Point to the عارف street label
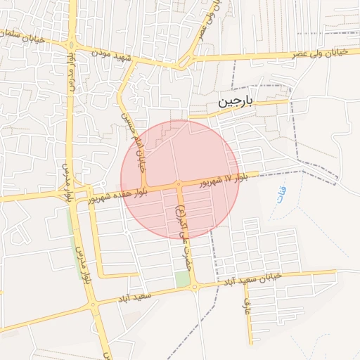pyautogui.click(x=247, y=306)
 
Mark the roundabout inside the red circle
pyautogui.click(x=179, y=184)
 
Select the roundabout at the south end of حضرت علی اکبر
pyautogui.click(x=195, y=286)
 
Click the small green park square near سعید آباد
pyautogui.click(x=183, y=278)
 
